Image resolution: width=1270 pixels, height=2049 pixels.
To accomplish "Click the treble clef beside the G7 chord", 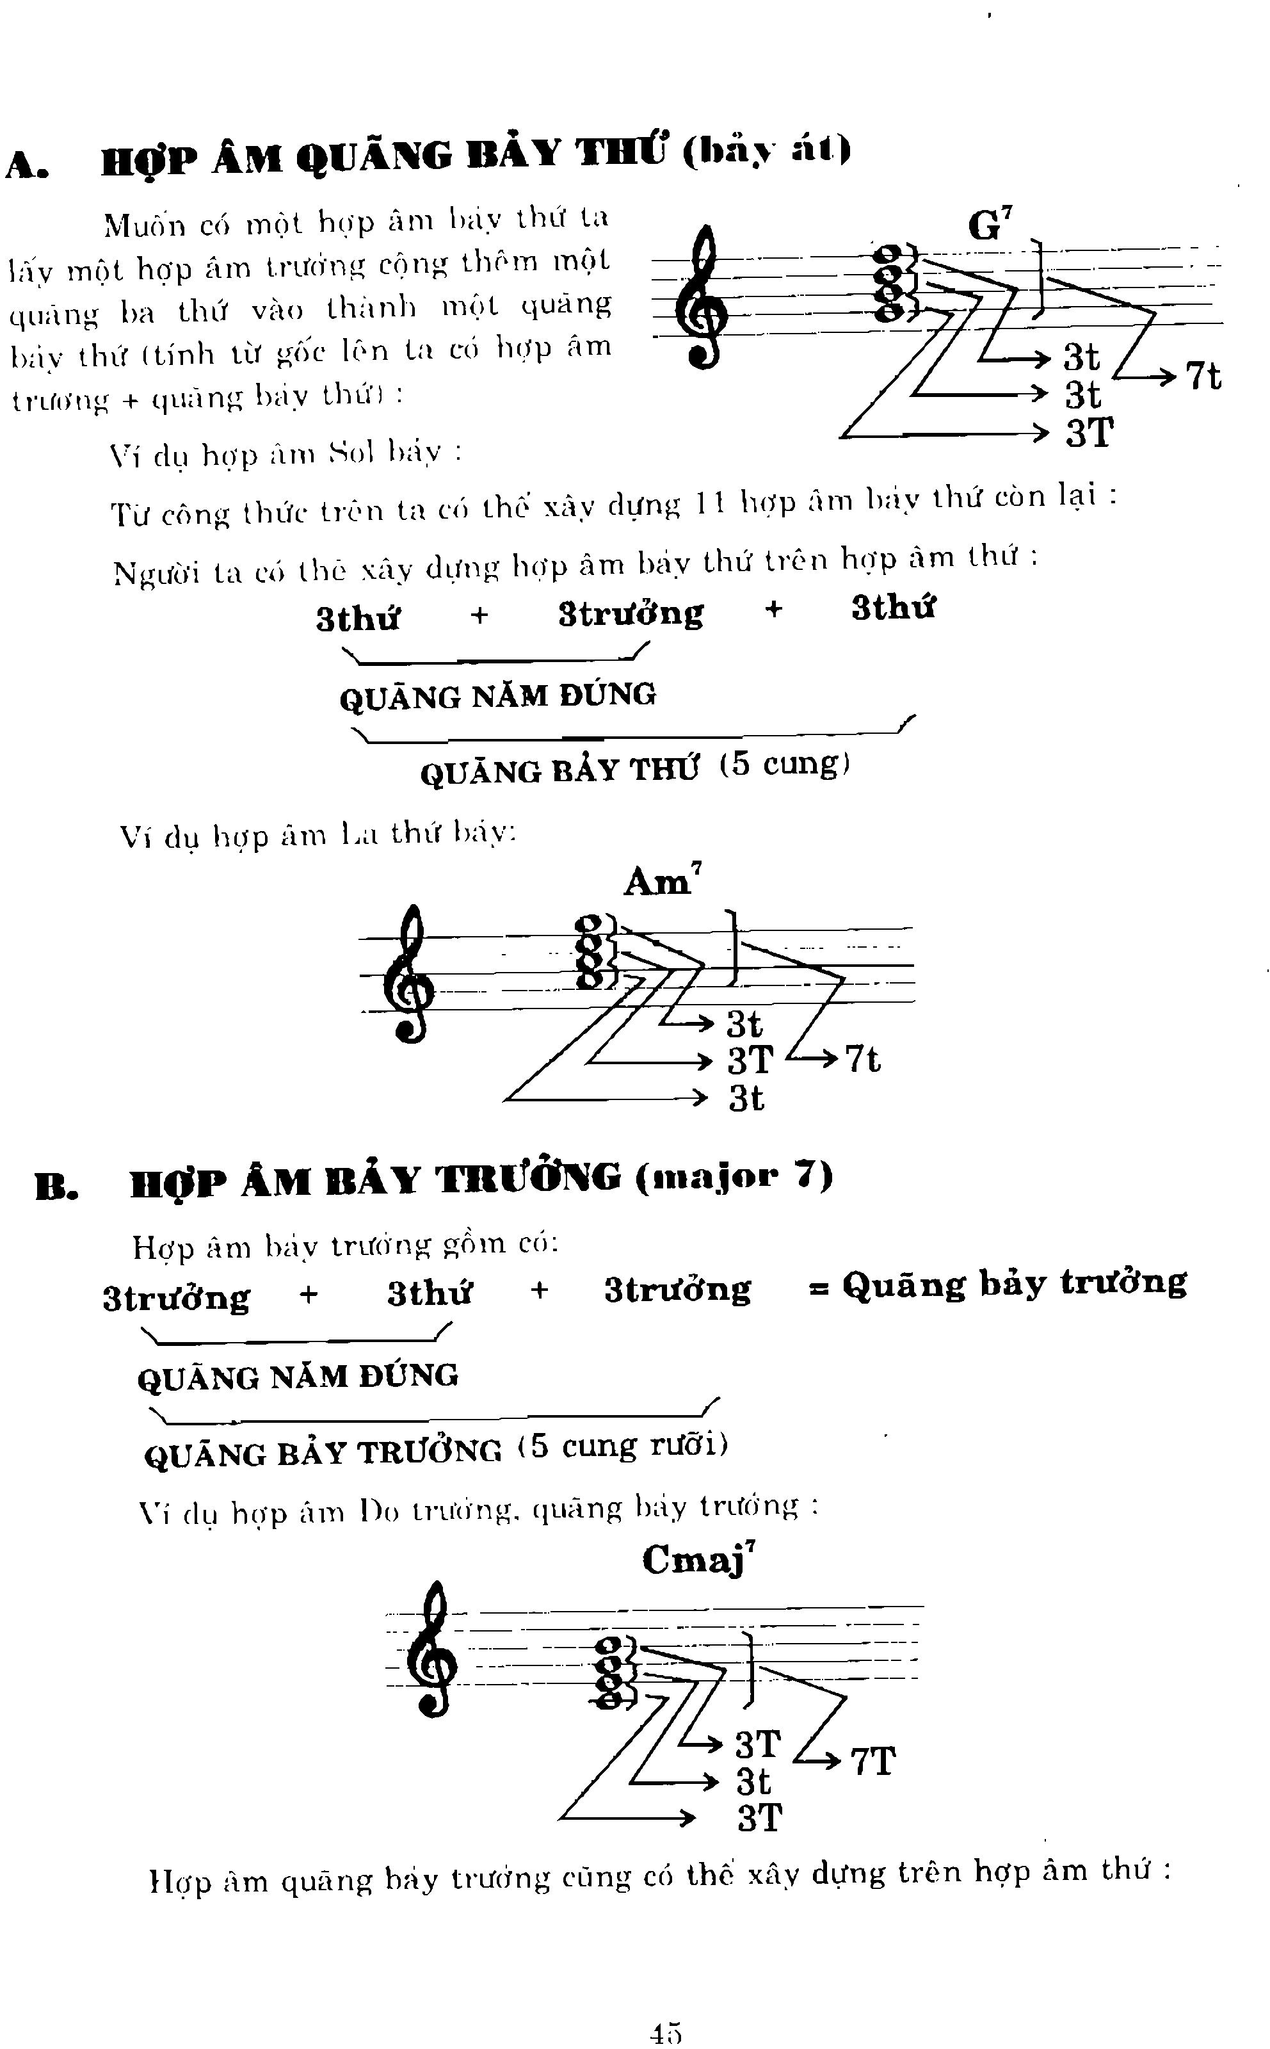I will pos(707,298).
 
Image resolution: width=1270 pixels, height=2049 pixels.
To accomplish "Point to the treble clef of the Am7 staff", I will pos(410,975).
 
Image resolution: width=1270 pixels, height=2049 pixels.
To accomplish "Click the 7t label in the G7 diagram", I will pos(1203,375).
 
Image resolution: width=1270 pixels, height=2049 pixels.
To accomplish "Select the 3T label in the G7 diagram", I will pos(1089,433).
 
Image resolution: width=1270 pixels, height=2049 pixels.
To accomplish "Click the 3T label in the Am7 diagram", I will pos(749,1060).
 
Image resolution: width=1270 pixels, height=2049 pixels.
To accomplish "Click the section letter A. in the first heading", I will pos(27,165).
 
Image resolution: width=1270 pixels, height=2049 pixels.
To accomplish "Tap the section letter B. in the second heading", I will pos(57,1185).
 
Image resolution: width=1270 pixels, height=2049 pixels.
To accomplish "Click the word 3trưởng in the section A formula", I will pos(631,614).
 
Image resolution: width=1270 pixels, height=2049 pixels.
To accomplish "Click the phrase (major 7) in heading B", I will pos(734,1176).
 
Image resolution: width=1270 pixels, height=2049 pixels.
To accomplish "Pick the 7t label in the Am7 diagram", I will pos(863,1058).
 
